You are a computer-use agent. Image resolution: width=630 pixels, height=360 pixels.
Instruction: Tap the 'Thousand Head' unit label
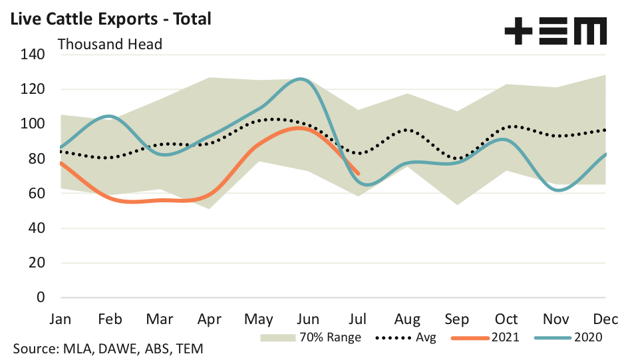(x=110, y=45)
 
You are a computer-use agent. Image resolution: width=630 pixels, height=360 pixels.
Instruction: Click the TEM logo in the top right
(x=555, y=31)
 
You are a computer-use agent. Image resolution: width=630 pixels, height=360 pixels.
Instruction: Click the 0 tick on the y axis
(x=40, y=297)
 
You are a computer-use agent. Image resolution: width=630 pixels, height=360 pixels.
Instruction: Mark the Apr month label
(x=210, y=318)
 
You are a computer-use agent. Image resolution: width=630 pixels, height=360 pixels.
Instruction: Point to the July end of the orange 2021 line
(x=359, y=174)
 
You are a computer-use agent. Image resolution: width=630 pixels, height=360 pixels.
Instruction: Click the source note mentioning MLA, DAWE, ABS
(x=108, y=348)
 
